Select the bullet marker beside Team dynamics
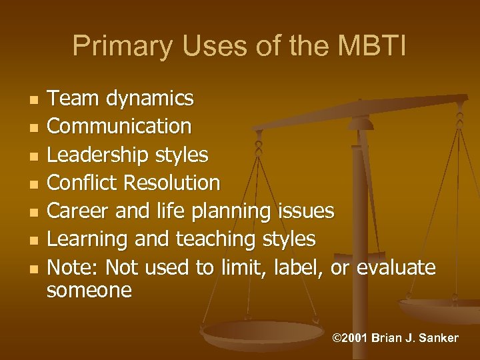click(x=33, y=99)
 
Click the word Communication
click(x=120, y=126)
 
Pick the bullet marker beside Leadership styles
click(x=33, y=155)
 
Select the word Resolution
click(x=177, y=183)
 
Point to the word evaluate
click(x=396, y=267)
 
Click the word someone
click(x=90, y=291)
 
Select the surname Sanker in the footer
click(x=437, y=338)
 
